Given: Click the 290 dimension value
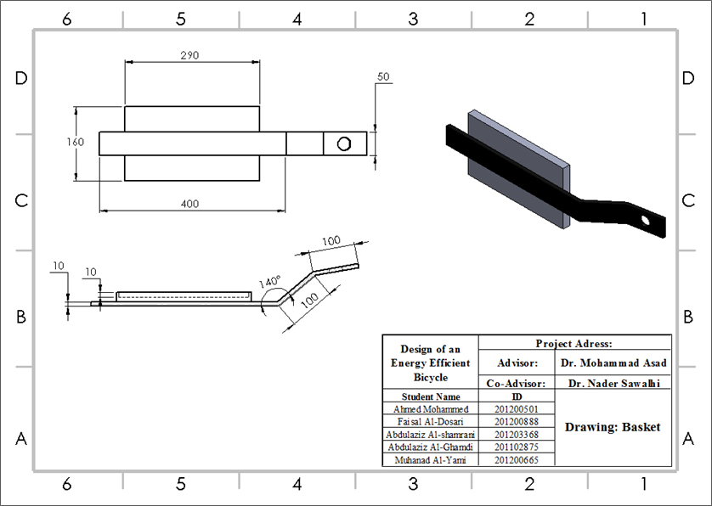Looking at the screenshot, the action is pyautogui.click(x=189, y=55).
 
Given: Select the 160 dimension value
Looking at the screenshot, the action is pyautogui.click(x=75, y=142).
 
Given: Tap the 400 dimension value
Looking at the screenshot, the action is pyautogui.click(x=189, y=204).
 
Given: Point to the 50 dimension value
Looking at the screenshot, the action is pyautogui.click(x=383, y=76).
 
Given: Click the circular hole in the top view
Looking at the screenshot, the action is pyautogui.click(x=344, y=143).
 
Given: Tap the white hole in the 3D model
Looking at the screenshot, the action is pyautogui.click(x=645, y=221).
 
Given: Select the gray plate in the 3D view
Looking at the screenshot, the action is pyautogui.click(x=518, y=169).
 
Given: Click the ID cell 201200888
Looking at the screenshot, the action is pyautogui.click(x=517, y=422).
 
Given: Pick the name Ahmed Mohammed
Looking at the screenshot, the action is pyautogui.click(x=431, y=409).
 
